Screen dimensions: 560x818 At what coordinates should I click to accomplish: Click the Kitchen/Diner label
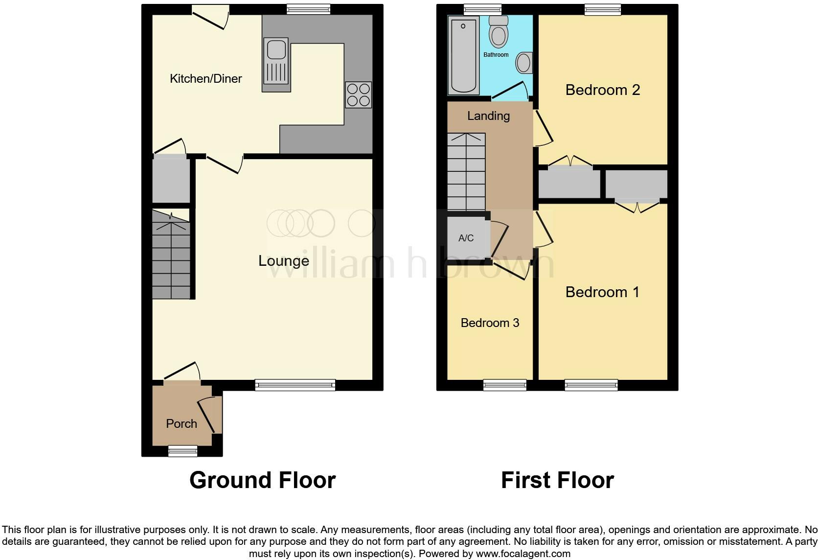(x=205, y=79)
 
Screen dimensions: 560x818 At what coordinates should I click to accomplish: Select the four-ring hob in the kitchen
(x=358, y=94)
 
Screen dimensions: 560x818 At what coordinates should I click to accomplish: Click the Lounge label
(x=284, y=261)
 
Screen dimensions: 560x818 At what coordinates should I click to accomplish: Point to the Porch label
(x=182, y=424)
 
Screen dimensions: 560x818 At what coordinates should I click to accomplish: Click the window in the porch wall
(x=182, y=451)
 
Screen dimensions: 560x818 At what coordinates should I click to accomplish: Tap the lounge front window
(x=295, y=385)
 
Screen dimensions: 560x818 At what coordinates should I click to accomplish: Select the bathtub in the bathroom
(x=463, y=54)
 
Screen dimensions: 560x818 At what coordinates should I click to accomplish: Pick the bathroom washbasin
(x=524, y=63)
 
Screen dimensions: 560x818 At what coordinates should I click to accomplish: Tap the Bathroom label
(x=496, y=55)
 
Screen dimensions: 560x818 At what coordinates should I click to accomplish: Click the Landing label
(x=488, y=116)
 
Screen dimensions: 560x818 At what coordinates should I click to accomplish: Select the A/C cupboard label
(x=466, y=238)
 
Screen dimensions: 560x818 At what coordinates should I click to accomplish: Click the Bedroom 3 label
(x=490, y=323)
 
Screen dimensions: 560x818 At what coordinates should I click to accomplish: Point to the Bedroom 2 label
(x=602, y=90)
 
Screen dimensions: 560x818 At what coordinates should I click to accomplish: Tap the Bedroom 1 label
(x=602, y=292)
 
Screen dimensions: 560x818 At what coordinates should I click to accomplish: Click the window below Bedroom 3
(x=505, y=385)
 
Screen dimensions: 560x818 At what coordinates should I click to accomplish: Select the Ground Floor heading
(x=262, y=480)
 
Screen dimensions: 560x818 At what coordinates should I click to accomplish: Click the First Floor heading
(x=557, y=480)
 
